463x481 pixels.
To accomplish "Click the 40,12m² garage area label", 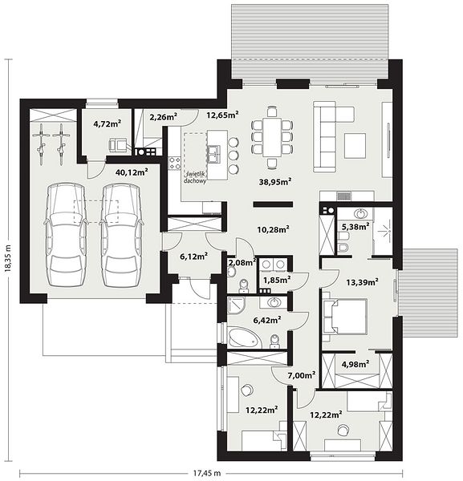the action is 132,172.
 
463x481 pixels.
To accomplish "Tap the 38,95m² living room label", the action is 275,182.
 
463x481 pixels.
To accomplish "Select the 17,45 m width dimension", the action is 207,473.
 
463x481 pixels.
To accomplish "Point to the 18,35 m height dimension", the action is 8,258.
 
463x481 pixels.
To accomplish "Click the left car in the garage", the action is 65,235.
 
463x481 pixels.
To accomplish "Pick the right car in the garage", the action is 120,235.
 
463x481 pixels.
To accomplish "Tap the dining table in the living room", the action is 272,137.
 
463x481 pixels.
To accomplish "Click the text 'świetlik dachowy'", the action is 195,177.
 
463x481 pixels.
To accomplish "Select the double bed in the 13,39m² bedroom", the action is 344,317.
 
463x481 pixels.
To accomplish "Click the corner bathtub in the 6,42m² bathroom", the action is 245,338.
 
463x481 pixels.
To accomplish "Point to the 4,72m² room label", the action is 108,123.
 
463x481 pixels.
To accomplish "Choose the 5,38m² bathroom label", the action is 355,226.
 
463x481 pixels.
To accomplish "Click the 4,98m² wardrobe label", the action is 355,364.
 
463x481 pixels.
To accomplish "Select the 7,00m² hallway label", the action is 302,375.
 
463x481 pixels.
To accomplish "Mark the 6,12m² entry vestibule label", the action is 194,257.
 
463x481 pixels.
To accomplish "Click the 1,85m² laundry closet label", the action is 278,280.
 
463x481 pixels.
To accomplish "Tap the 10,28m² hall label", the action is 273,229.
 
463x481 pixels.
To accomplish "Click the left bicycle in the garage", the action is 41,144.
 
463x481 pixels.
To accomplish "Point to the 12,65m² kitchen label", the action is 222,115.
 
